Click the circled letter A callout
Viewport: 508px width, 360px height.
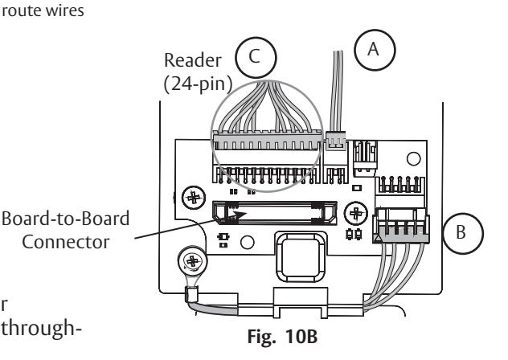375,50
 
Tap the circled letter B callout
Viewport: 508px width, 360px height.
463,233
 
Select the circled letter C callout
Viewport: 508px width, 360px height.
256,57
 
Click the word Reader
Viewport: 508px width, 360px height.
193,60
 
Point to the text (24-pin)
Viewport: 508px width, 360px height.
199,84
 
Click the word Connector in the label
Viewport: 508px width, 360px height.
66,242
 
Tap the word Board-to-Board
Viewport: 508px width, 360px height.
65,219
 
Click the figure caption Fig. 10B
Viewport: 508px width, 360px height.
282,337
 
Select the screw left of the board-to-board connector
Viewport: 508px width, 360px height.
194,198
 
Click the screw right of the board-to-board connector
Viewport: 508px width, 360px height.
356,214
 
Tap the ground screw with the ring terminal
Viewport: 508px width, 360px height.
192,261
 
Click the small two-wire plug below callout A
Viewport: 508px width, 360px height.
336,141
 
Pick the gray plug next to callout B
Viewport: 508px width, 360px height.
402,226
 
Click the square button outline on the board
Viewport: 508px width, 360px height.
300,256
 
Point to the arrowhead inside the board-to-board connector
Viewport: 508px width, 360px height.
239,215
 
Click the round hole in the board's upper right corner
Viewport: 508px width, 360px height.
413,159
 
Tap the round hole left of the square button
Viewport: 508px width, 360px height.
248,242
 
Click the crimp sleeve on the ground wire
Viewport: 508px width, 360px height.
192,295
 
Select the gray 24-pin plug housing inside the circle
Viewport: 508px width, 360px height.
268,141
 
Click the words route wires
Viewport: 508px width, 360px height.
43,10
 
